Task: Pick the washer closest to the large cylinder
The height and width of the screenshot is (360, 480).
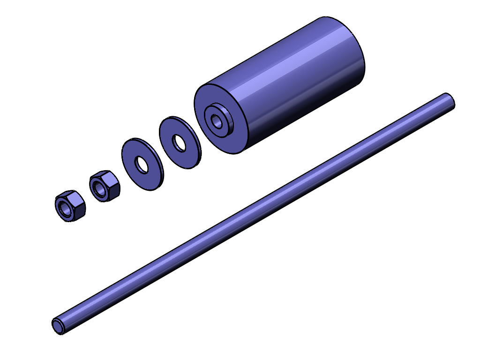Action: point(180,142)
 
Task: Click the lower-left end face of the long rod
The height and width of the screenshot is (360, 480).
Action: point(58,326)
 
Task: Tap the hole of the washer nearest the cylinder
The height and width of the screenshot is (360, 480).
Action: point(179,143)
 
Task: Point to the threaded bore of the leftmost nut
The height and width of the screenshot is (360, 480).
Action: point(65,208)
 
